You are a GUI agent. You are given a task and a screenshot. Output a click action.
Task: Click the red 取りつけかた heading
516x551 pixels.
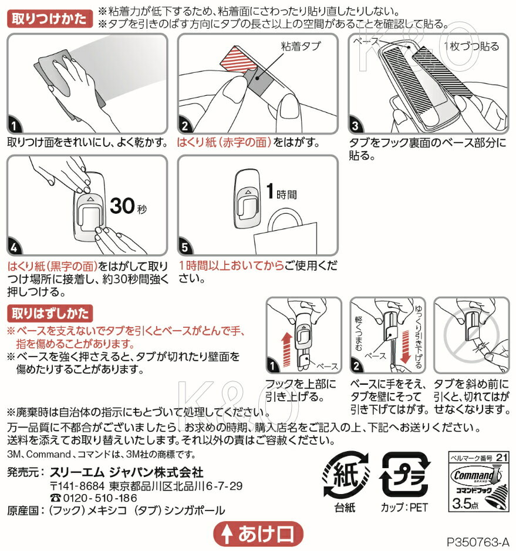pyautogui.click(x=49, y=19)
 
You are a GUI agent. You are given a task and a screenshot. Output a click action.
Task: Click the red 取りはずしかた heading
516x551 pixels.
pyautogui.click(x=50, y=314)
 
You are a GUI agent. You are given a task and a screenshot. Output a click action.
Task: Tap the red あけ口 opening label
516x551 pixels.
pyautogui.click(x=258, y=534)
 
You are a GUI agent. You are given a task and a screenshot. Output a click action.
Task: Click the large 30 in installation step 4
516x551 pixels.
pyautogui.click(x=122, y=206)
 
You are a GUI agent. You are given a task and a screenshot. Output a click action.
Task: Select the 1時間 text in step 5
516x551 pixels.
pyautogui.click(x=281, y=192)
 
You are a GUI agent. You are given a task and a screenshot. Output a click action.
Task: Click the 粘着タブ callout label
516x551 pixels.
pyautogui.click(x=301, y=46)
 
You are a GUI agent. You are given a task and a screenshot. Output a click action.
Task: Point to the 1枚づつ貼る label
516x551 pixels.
pyautogui.click(x=471, y=46)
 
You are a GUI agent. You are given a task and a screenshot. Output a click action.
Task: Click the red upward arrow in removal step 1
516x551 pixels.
pyautogui.click(x=287, y=350)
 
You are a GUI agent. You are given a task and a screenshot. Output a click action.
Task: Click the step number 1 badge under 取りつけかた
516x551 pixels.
pyautogui.click(x=14, y=126)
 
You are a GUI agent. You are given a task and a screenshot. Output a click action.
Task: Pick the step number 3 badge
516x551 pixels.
pyautogui.click(x=356, y=126)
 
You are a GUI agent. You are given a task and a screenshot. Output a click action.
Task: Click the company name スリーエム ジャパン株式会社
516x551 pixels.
pyautogui.click(x=126, y=472)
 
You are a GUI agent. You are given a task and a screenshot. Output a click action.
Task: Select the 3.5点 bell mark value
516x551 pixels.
pyautogui.click(x=465, y=503)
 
